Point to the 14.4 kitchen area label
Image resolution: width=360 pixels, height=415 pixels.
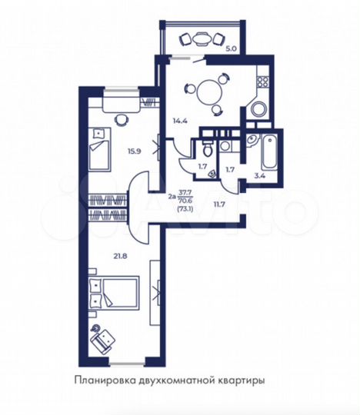click(x=179, y=119)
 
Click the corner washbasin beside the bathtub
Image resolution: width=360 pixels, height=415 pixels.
click(x=252, y=139)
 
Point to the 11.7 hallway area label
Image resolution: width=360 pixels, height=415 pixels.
click(x=219, y=204)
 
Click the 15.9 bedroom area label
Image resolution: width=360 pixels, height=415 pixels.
click(x=135, y=151)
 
